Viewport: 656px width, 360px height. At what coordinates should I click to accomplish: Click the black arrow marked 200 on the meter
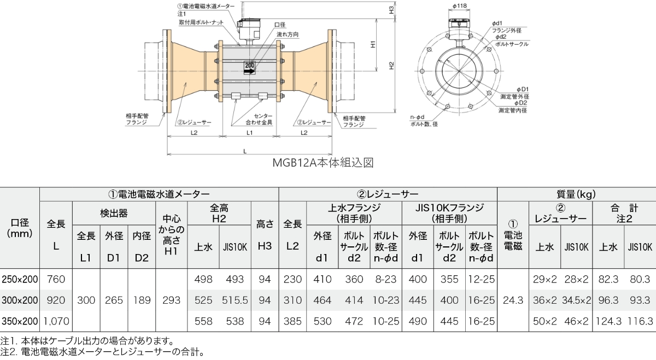(x=250, y=69)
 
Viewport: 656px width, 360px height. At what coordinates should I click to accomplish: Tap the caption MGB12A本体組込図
(x=322, y=163)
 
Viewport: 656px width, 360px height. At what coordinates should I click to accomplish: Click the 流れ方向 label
(x=288, y=34)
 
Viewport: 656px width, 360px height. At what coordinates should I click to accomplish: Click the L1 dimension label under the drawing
(x=249, y=133)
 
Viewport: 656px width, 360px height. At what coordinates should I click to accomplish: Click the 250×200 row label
(x=20, y=279)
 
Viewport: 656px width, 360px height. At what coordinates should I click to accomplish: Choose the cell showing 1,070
(x=56, y=321)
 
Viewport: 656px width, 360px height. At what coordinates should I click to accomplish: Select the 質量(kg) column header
(x=576, y=194)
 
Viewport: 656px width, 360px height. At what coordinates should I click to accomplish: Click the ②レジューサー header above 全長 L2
(x=388, y=194)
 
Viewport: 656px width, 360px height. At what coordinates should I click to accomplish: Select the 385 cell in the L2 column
(x=292, y=321)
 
